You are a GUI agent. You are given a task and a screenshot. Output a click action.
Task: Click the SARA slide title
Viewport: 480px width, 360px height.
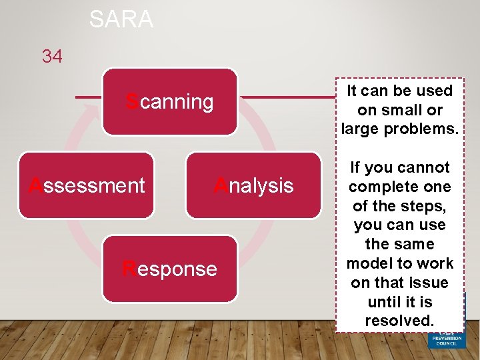[x=121, y=19]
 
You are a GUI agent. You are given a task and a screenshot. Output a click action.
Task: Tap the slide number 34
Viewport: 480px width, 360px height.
[x=52, y=57]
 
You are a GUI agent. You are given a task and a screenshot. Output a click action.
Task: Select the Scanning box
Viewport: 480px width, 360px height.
[x=169, y=102]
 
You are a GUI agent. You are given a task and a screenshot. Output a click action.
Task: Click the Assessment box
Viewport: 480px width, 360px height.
[x=86, y=185]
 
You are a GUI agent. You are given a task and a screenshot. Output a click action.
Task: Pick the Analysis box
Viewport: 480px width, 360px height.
[x=253, y=185]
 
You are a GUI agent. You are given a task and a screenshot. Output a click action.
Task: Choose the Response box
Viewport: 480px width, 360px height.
[x=169, y=269]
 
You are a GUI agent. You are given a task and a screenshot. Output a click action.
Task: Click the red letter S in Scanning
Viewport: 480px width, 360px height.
[x=132, y=102]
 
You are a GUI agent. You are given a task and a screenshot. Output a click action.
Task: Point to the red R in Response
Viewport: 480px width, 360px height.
[x=129, y=269]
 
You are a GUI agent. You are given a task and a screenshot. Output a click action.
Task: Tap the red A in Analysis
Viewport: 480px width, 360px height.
[x=220, y=185]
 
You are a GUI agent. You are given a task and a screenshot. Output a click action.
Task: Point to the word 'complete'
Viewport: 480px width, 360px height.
[x=400, y=187]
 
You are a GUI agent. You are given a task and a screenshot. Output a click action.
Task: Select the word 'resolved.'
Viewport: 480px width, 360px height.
[x=400, y=321]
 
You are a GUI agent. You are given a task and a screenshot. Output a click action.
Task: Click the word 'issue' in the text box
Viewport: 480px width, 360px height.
[x=426, y=283]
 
